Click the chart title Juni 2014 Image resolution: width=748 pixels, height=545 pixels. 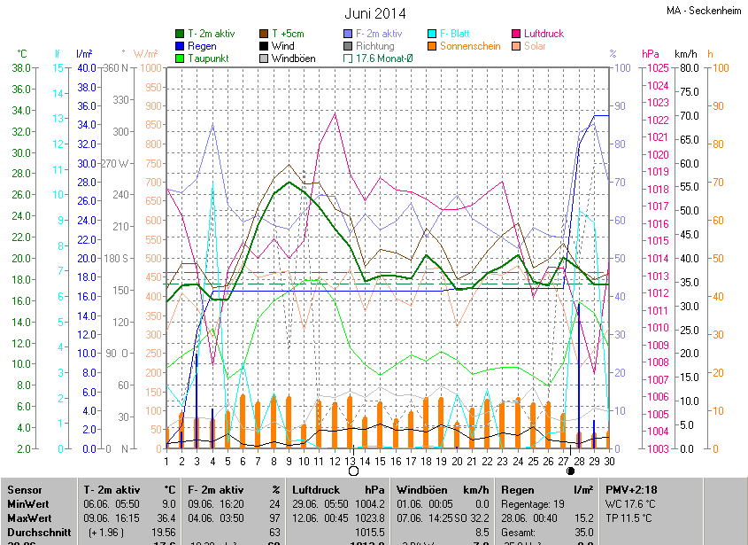pyautogui.click(x=374, y=13)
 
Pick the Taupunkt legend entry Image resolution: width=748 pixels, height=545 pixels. pyautogui.click(x=207, y=58)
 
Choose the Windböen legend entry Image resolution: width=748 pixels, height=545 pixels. pyautogui.click(x=293, y=58)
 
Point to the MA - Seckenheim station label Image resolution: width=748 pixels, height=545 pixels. pyautogui.click(x=704, y=11)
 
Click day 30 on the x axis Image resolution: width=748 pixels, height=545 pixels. pyautogui.click(x=610, y=461)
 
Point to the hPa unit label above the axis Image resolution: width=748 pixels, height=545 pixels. pyautogui.click(x=651, y=54)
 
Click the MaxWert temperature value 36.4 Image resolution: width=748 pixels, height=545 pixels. pyautogui.click(x=168, y=517)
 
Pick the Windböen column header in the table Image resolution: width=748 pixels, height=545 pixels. pyautogui.click(x=420, y=489)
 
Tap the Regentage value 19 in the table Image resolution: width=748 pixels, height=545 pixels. pyautogui.click(x=559, y=503)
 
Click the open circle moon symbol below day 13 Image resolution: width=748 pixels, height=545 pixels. pyautogui.click(x=354, y=471)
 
